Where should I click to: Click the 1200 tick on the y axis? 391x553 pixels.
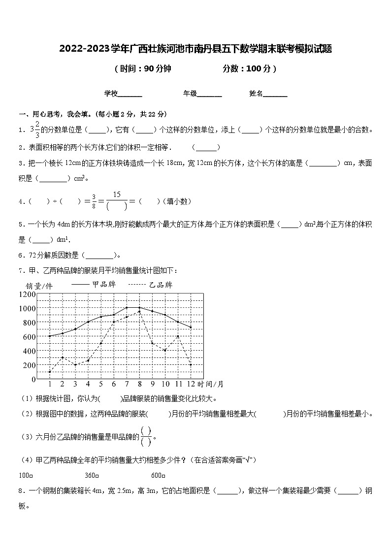27,294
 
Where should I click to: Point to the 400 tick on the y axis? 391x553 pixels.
29,351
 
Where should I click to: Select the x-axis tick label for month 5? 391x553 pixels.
101,384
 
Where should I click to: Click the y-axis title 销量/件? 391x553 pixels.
39,285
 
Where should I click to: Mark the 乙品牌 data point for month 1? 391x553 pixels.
50,372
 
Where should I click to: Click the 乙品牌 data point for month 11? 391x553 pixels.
178,336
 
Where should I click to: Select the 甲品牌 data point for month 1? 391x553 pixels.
50,336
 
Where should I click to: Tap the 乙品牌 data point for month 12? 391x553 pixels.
191,365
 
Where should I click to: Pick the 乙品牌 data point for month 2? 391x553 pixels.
63,358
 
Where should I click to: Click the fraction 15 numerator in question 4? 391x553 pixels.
117,195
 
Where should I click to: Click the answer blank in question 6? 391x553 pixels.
100,255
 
